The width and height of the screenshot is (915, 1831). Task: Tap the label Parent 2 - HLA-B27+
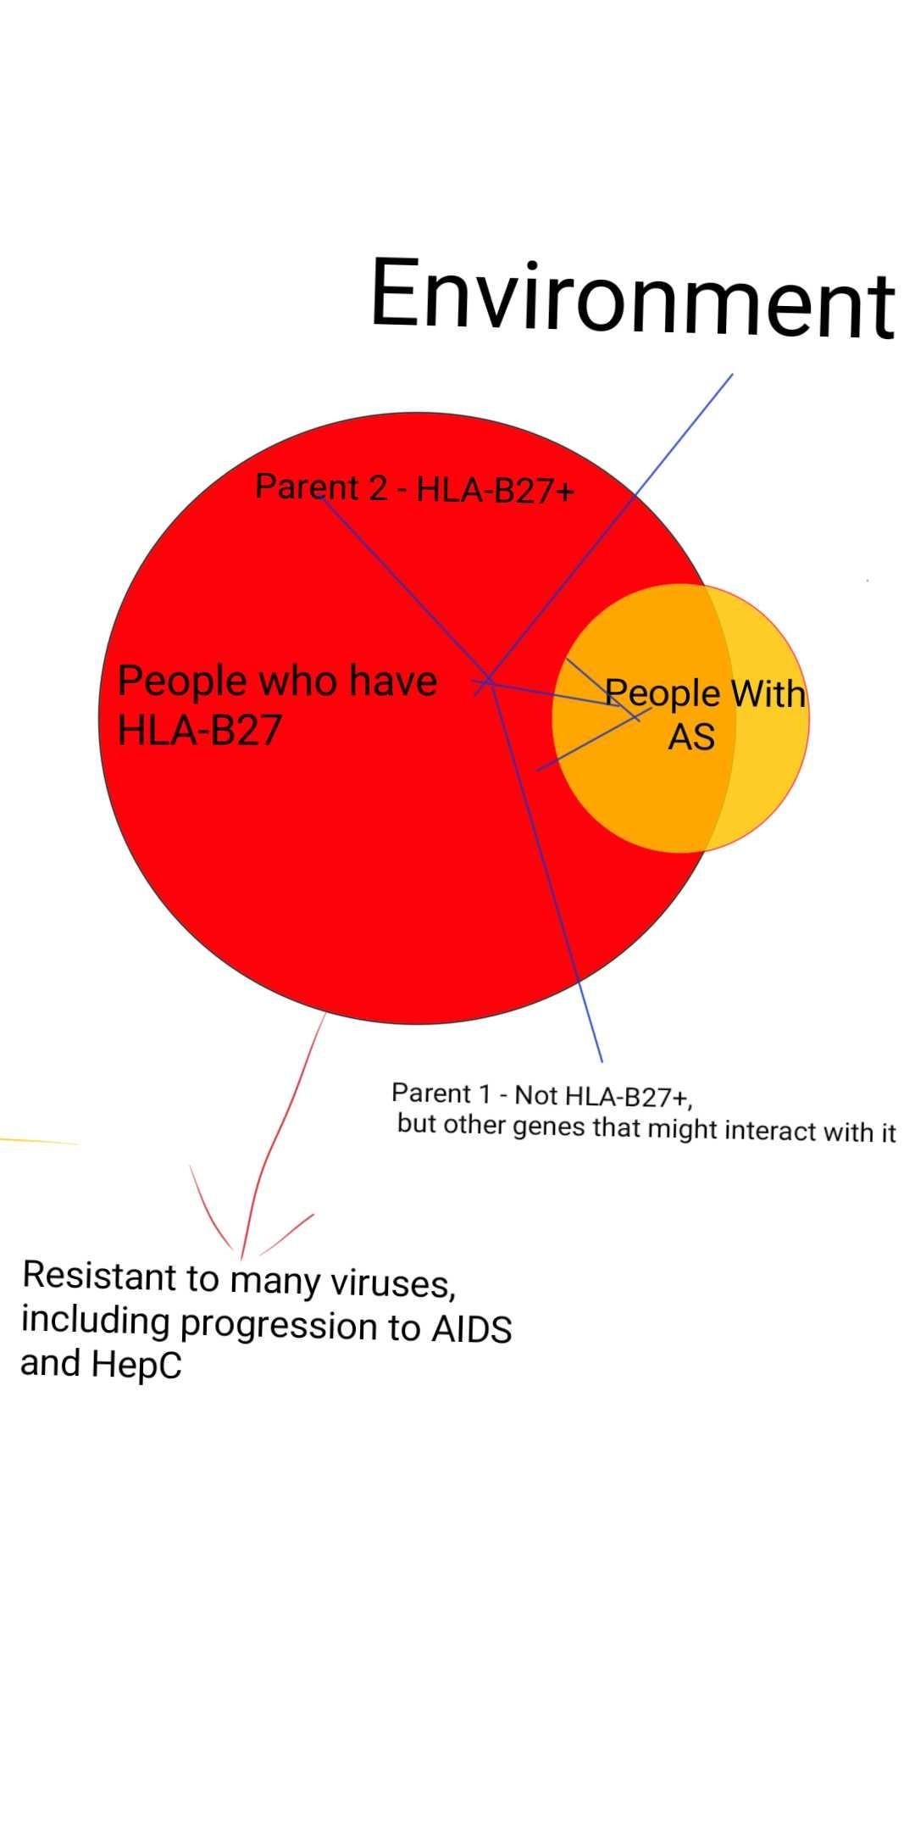pos(415,488)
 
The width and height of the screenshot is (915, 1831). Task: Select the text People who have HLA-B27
pos(277,705)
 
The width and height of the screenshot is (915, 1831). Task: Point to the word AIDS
pos(472,1327)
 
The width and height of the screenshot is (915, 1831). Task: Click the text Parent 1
pos(441,1094)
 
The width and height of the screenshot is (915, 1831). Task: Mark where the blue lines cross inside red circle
pos(489,680)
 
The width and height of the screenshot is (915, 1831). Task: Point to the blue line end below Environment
pos(732,374)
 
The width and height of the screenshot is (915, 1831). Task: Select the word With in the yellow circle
pos(768,693)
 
